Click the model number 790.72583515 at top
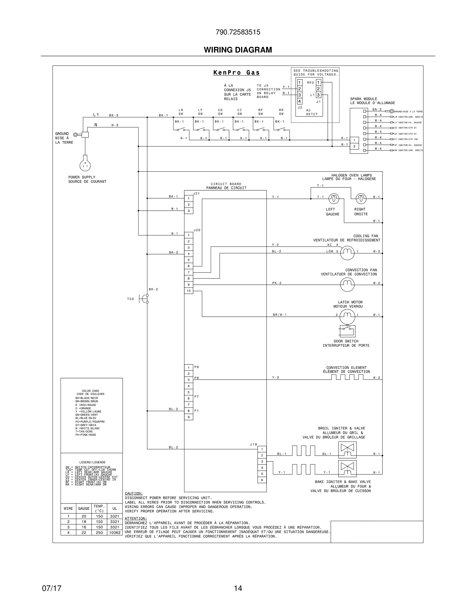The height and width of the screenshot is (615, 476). (x=238, y=32)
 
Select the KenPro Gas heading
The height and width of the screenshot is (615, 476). (x=236, y=73)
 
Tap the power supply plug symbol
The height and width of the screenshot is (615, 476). (x=85, y=165)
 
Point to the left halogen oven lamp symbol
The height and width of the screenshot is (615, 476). (x=334, y=199)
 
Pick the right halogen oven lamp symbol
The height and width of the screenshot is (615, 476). (x=361, y=199)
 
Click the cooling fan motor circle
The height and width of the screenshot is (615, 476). (x=347, y=253)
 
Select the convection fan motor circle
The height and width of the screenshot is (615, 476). (x=347, y=284)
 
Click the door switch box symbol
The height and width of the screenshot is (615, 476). (x=347, y=331)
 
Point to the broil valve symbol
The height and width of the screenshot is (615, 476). (x=347, y=450)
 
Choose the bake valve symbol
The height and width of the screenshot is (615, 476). (x=347, y=468)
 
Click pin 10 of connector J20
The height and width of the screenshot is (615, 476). (x=189, y=291)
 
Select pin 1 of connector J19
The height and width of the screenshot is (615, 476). (x=262, y=449)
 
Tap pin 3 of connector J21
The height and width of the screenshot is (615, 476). (x=189, y=211)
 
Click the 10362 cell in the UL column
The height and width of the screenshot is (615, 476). (x=115, y=532)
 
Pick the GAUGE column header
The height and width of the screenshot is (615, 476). (x=84, y=508)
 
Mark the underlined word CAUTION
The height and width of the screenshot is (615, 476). (x=134, y=493)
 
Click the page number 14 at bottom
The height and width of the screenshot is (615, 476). (x=238, y=588)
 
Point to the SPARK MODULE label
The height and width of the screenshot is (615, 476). (x=363, y=99)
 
